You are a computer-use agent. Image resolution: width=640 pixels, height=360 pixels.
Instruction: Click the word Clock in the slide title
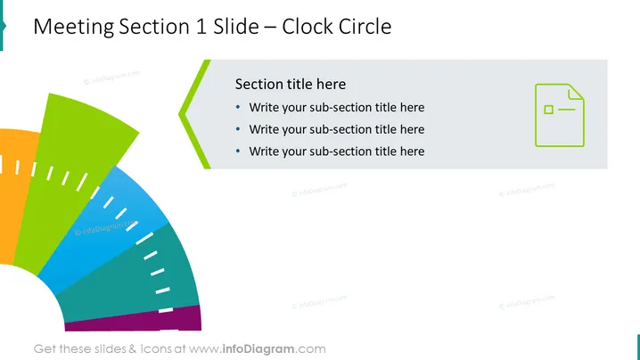coord(308,27)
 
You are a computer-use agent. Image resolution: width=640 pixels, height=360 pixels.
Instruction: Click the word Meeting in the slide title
coord(74,28)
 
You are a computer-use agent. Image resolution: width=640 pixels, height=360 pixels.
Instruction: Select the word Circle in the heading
coord(365,27)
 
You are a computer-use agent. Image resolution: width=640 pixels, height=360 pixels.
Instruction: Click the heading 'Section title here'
coord(291,84)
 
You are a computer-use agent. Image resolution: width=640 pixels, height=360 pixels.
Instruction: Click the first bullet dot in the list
coord(238,107)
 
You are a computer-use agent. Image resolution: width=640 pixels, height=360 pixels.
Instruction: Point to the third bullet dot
coord(238,151)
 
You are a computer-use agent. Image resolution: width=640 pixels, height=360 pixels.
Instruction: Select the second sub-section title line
coord(337,129)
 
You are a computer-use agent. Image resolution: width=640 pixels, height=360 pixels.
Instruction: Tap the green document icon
coord(560,115)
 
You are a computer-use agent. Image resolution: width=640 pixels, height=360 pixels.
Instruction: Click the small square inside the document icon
coord(548,110)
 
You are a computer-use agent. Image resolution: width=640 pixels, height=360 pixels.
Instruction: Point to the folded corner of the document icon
coord(576,92)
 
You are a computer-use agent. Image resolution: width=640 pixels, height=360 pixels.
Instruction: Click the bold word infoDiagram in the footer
coord(258,349)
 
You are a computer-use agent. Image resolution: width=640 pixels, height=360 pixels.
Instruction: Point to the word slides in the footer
coord(111,349)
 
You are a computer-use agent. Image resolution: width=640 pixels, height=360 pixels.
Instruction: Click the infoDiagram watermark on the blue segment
coord(106,228)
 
